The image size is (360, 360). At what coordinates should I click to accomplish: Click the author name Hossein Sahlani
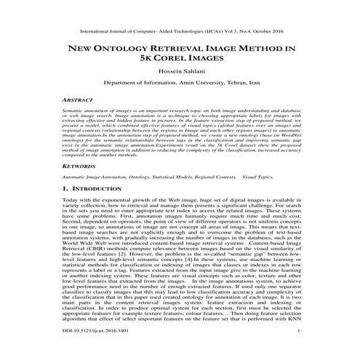[180, 82]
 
